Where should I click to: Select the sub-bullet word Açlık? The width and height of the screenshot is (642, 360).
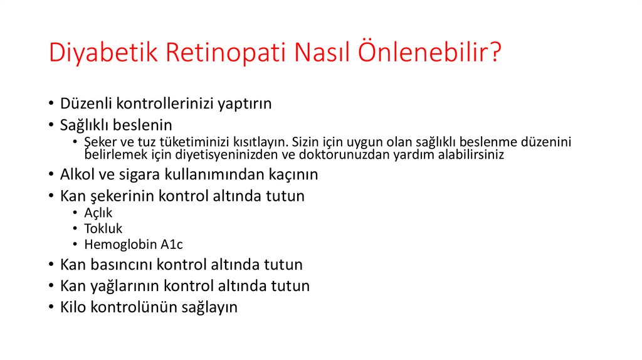(98, 213)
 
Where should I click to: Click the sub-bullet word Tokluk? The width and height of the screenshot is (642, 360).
(103, 228)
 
